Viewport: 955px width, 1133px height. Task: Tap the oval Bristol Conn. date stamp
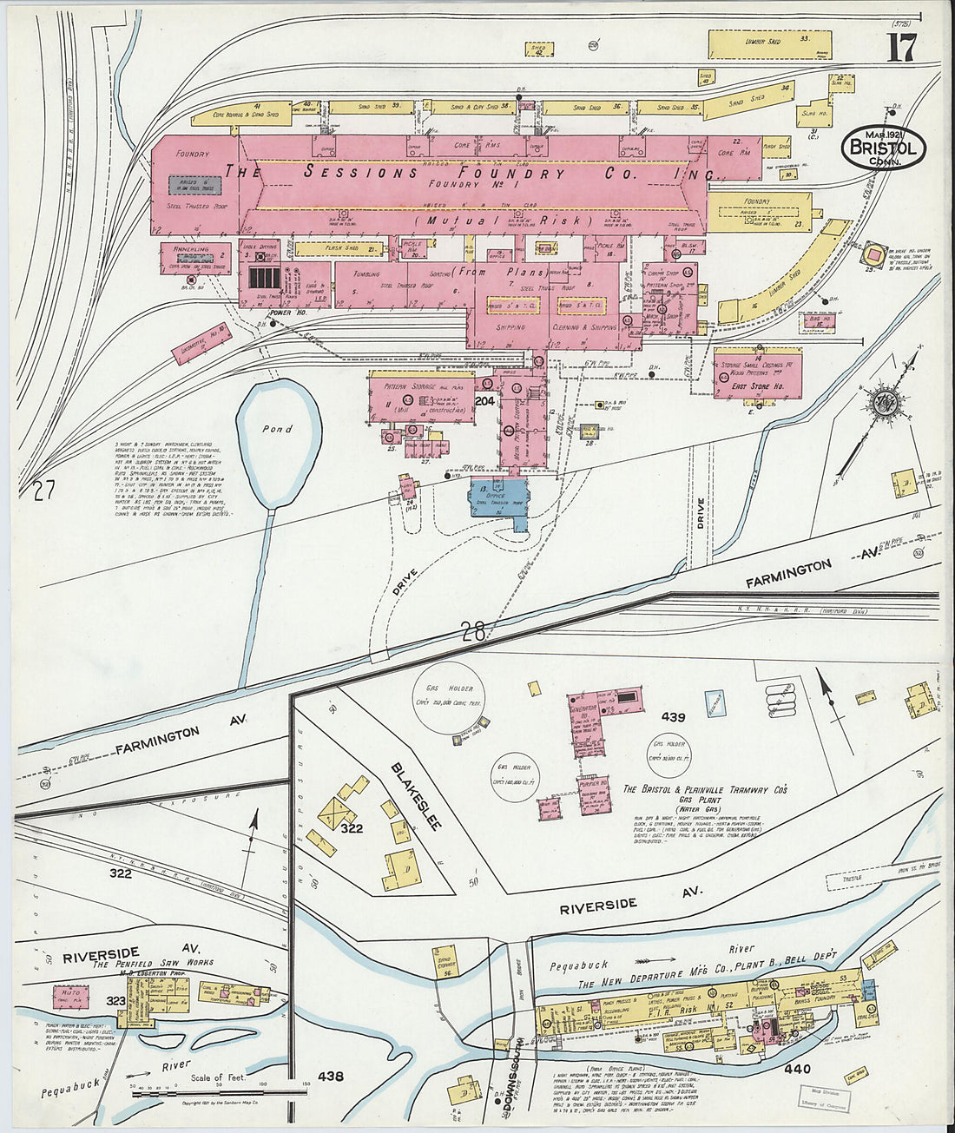click(884, 148)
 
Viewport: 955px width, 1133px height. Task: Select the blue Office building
click(496, 500)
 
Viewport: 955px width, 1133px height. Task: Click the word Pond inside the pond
click(278, 429)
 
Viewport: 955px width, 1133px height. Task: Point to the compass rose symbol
click(887, 403)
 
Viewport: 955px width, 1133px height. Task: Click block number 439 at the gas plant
click(673, 718)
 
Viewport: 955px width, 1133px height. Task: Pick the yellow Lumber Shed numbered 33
click(769, 43)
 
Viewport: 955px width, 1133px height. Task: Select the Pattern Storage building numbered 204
click(421, 399)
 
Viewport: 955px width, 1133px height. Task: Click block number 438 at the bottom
click(330, 1077)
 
